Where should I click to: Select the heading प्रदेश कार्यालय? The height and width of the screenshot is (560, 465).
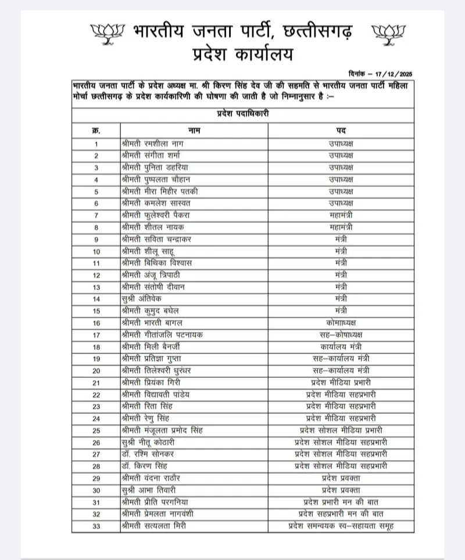pos(243,55)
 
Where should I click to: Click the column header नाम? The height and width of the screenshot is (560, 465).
pos(194,130)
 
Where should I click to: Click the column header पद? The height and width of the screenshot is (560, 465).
pos(341,130)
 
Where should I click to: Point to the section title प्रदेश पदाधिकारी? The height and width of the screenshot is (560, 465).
pos(242,114)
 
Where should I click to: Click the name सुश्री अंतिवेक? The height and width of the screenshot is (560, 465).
pos(142,298)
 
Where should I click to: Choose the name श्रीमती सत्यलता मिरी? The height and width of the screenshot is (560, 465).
pos(158,526)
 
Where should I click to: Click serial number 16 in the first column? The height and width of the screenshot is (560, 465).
pos(96,323)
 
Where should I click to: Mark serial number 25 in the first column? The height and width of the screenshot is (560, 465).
pos(96,431)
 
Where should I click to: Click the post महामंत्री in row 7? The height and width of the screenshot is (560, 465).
pos(341,215)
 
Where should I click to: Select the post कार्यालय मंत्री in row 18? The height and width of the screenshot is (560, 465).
pos(341,346)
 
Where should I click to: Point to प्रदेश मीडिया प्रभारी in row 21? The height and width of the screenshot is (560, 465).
pos(341,382)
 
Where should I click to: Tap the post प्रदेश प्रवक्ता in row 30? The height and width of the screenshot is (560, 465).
pos(341,490)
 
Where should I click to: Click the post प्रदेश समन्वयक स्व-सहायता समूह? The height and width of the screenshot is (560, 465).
pos(341,526)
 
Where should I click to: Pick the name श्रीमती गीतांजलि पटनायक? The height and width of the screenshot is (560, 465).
pos(163,335)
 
